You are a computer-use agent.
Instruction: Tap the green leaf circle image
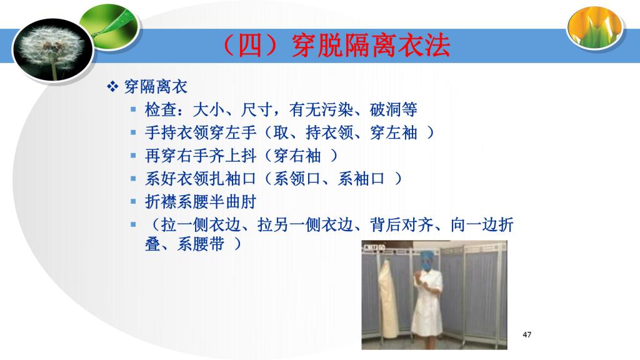(x=110, y=27)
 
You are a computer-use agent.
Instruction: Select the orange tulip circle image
(x=595, y=27)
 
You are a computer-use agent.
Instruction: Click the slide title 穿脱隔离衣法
(x=371, y=45)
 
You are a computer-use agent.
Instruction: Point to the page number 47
(x=527, y=335)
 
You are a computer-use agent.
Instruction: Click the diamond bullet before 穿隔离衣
(x=112, y=86)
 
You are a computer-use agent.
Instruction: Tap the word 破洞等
(x=394, y=109)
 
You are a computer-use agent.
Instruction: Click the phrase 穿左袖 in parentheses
(x=394, y=132)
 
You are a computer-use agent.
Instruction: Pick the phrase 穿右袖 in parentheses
(x=297, y=156)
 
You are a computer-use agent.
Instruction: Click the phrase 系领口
(x=297, y=179)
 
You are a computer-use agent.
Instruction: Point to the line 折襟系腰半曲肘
(x=201, y=202)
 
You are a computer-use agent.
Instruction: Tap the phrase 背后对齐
(x=401, y=225)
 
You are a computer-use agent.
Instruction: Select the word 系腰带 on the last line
(x=201, y=244)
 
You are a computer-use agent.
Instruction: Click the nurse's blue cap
(x=427, y=256)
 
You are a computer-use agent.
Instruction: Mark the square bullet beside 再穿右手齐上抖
(x=133, y=156)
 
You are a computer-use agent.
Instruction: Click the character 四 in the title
(x=249, y=45)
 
